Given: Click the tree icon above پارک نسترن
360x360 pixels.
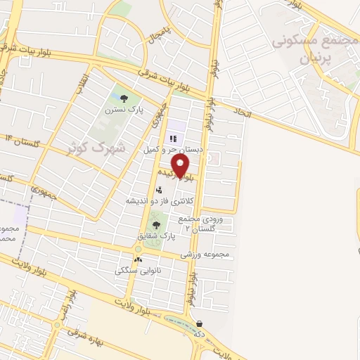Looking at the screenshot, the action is click(x=124, y=99).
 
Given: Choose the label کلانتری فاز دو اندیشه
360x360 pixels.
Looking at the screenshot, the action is click(x=156, y=200).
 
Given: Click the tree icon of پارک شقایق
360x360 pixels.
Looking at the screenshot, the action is click(x=156, y=225).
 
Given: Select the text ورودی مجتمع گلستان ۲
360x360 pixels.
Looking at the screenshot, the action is click(x=202, y=224).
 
